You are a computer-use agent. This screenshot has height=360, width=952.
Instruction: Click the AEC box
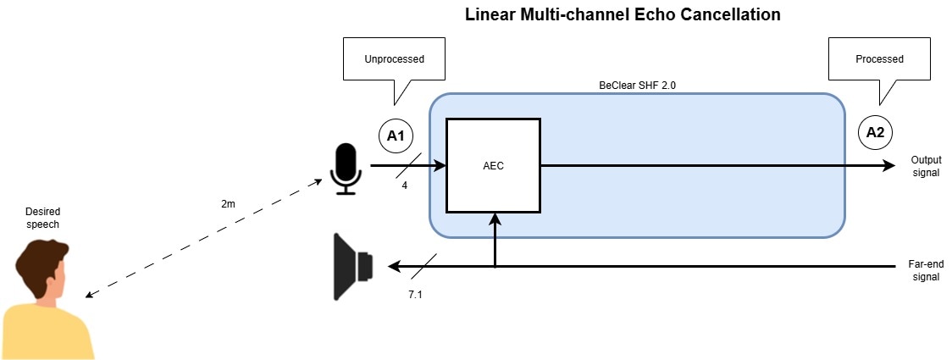(493, 166)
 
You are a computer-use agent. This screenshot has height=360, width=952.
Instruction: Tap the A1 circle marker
(394, 134)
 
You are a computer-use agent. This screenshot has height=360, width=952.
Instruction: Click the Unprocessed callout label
(394, 59)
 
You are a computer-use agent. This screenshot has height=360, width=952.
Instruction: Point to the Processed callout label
(879, 59)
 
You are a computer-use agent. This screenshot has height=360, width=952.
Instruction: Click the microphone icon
(346, 168)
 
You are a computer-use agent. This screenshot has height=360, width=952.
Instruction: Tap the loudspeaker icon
(353, 266)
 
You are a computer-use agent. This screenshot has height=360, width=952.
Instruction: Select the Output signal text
(926, 166)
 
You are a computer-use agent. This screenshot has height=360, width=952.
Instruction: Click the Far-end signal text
(926, 270)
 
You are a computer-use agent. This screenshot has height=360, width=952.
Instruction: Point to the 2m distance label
(227, 204)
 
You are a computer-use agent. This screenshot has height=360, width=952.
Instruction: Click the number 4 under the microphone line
(405, 186)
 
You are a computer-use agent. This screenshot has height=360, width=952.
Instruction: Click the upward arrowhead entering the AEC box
(494, 219)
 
